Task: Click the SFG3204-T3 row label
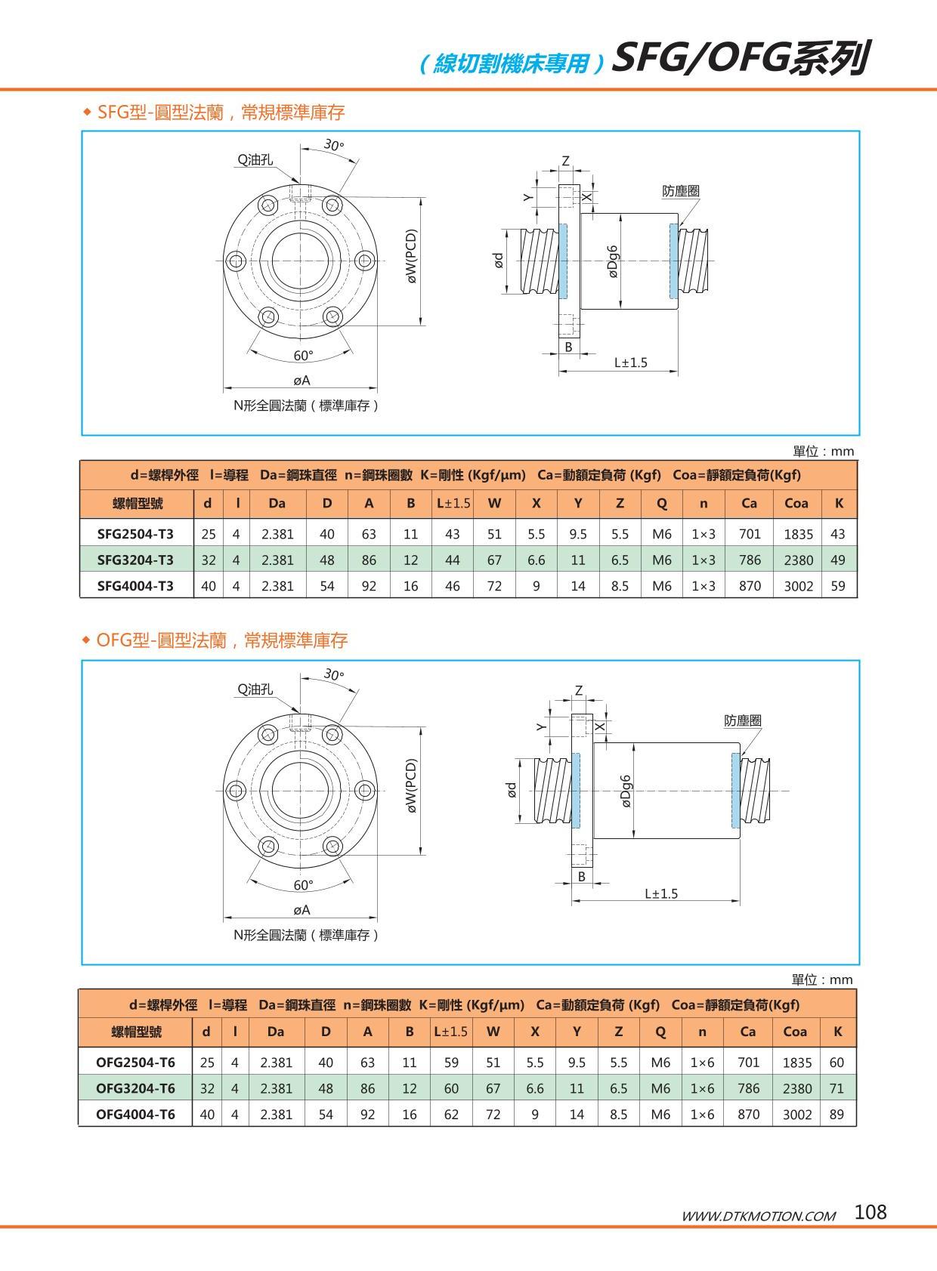135,560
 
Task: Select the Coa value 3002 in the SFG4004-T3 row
798,585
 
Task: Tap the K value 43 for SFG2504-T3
837,534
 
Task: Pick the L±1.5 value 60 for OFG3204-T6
451,1088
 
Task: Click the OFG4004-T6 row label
135,1114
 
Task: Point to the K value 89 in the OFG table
836,1114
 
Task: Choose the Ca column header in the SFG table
749,503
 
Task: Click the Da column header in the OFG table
276,1032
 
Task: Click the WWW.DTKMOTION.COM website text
759,1216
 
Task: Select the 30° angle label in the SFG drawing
334,144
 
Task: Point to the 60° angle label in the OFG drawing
303,885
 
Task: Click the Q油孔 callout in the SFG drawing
255,159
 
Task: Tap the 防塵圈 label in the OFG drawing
742,720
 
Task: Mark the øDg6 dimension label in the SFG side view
613,261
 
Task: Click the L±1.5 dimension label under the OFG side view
661,893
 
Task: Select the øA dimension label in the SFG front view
302,381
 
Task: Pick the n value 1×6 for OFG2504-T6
702,1063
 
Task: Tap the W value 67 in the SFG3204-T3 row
494,560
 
